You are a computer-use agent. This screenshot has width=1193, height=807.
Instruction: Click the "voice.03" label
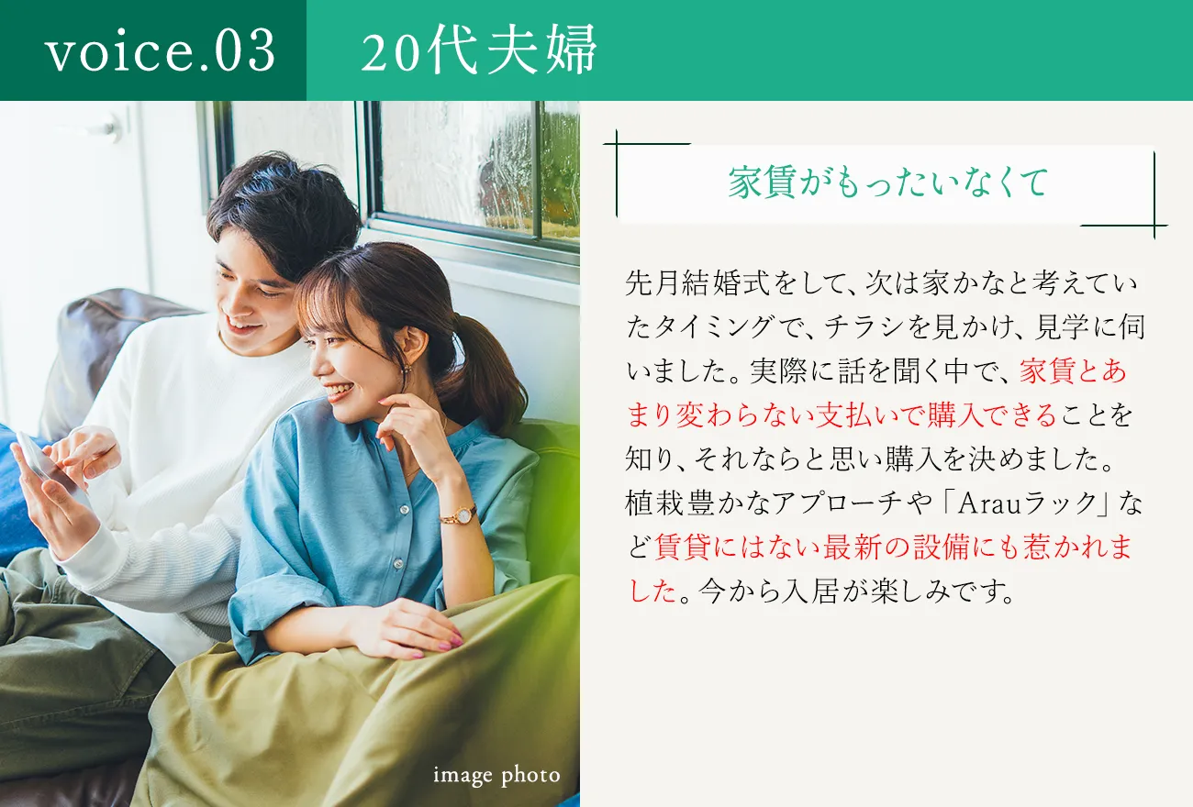tap(161, 51)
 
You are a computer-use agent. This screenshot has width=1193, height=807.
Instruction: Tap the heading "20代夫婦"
tap(478, 50)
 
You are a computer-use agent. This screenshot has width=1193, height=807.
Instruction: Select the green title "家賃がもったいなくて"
tap(887, 183)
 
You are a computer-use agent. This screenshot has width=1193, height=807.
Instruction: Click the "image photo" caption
tap(496, 776)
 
